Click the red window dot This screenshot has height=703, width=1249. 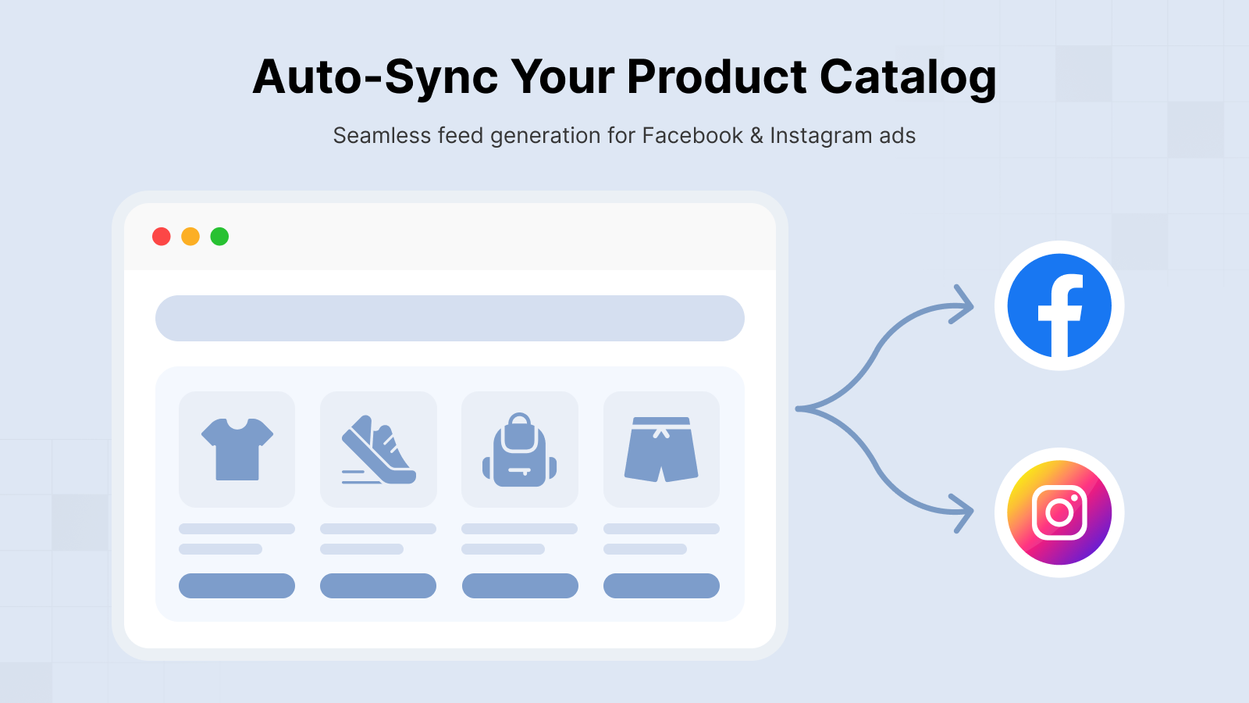[x=161, y=237]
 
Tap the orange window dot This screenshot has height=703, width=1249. [x=190, y=237]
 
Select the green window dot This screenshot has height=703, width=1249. [x=219, y=237]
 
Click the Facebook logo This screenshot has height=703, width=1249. [x=1059, y=305]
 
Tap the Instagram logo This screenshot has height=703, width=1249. [x=1059, y=512]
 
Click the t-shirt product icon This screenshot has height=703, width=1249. [x=237, y=449]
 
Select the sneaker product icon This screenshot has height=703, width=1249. [x=379, y=450]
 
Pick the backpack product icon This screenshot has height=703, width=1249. [x=520, y=450]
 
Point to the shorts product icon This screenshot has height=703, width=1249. [x=661, y=450]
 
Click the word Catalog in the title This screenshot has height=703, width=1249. [x=908, y=77]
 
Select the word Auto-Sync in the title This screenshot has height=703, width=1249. [x=375, y=77]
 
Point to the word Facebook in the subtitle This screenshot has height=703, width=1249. [x=692, y=136]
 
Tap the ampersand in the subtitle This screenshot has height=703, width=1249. [x=756, y=136]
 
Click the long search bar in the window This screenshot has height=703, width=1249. [x=450, y=318]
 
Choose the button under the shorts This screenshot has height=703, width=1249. [x=661, y=586]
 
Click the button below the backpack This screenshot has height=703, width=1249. [x=520, y=586]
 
